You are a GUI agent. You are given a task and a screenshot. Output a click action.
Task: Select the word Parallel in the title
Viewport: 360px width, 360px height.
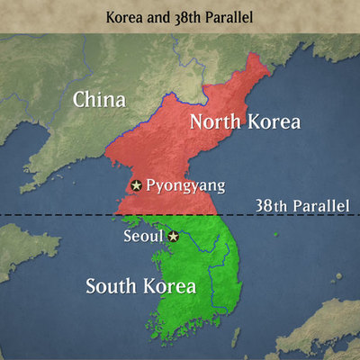(x=230, y=16)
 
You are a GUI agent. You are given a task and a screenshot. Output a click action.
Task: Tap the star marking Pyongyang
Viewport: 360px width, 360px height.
(x=136, y=185)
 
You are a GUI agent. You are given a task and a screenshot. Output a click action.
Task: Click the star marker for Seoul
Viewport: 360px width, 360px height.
(x=174, y=236)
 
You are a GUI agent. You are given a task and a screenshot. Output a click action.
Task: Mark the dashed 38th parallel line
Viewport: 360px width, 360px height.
(x=54, y=215)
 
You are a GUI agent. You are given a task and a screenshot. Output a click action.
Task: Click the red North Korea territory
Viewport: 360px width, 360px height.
(x=180, y=162)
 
